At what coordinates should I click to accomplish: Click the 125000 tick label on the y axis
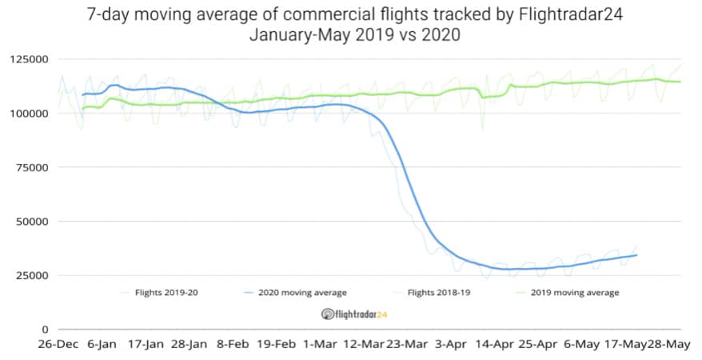coord(27,59)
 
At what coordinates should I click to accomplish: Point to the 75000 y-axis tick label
coord(30,167)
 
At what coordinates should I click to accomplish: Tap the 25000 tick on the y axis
coord(30,275)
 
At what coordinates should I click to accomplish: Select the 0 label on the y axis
coord(45,329)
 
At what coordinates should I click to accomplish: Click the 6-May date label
coord(582,346)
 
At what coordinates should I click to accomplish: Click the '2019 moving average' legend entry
coord(575,293)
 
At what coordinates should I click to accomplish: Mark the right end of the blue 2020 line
coord(636,255)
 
